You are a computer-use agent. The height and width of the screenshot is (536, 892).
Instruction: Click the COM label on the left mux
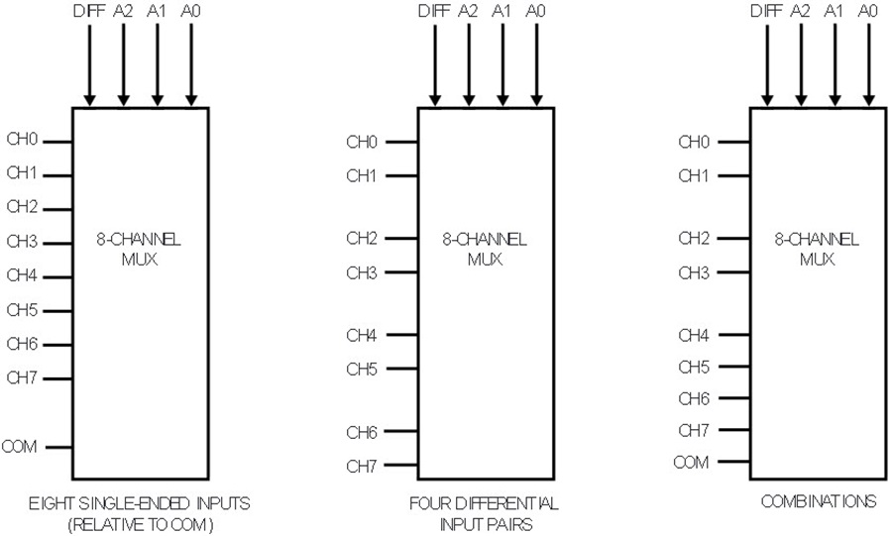(x=20, y=447)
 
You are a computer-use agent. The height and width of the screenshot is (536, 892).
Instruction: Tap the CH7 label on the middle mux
(x=362, y=467)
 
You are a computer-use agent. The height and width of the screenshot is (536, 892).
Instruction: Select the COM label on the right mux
(x=691, y=462)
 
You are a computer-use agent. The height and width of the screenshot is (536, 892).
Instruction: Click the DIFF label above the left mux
(x=89, y=11)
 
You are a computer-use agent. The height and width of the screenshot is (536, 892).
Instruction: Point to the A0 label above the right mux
(x=867, y=11)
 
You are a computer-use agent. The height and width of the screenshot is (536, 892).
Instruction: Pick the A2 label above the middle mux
(x=468, y=11)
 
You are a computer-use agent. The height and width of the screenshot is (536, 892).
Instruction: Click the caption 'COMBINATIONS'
(x=819, y=501)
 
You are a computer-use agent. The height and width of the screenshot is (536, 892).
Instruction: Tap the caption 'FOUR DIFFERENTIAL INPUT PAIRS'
(x=485, y=513)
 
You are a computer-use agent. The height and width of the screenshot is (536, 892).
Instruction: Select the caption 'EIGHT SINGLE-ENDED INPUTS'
(x=140, y=503)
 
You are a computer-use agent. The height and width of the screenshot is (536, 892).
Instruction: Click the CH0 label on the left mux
(x=22, y=140)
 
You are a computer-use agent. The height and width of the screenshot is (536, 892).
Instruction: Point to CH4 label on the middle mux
(x=362, y=335)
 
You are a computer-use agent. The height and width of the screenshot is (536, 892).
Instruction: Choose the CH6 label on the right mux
(x=694, y=399)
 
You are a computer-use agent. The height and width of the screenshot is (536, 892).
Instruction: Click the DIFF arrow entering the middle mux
(x=435, y=65)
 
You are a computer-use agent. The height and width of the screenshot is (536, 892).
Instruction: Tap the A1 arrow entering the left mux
(x=158, y=65)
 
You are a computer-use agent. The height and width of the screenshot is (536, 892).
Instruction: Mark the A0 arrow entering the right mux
(x=868, y=65)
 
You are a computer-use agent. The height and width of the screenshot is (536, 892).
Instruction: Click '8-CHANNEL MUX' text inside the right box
(x=817, y=249)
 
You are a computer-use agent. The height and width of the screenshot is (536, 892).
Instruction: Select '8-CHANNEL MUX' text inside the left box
(x=139, y=249)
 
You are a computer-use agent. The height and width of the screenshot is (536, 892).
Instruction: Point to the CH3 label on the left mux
(x=22, y=242)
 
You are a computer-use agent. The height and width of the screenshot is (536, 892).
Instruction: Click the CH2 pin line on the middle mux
(x=401, y=238)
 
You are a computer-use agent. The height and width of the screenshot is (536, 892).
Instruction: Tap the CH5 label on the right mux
(x=694, y=368)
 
